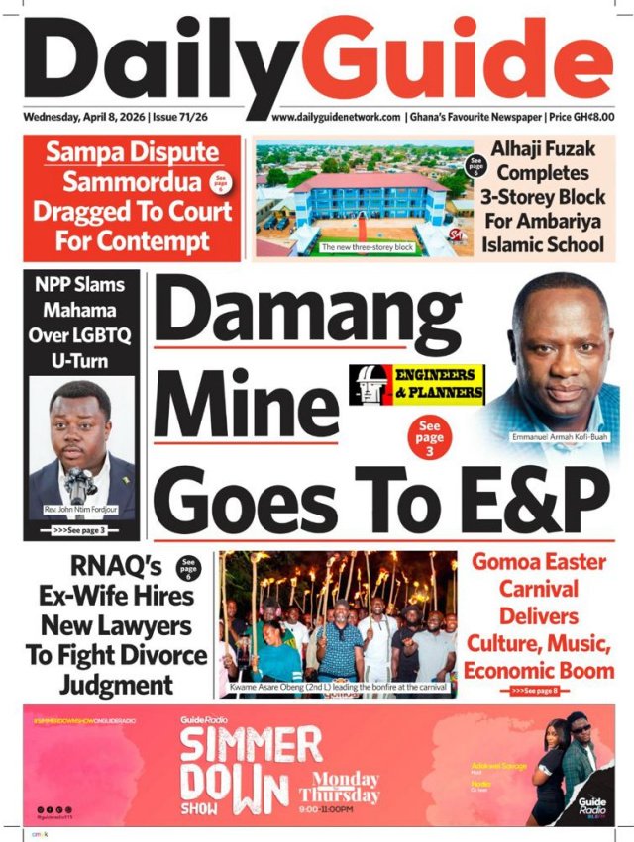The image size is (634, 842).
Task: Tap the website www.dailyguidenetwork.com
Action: click(x=336, y=117)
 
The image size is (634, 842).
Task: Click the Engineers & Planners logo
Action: click(x=417, y=384)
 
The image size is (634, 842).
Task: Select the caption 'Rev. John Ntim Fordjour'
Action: click(x=81, y=511)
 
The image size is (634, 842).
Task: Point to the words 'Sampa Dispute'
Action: click(x=132, y=153)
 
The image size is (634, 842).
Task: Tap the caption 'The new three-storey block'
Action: click(x=367, y=247)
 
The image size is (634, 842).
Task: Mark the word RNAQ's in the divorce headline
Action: click(x=111, y=567)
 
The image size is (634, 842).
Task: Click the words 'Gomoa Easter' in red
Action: click(x=539, y=562)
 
